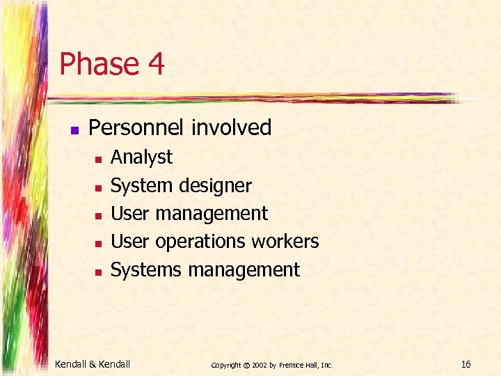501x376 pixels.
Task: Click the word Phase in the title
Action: (99, 64)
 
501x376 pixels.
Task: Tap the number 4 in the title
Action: (155, 64)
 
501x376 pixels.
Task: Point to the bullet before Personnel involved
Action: (75, 130)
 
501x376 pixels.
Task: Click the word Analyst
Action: (141, 158)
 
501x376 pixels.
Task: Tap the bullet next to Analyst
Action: (98, 159)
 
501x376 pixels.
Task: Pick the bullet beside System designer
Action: (98, 187)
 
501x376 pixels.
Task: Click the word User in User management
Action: (130, 213)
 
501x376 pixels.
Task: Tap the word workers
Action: (285, 242)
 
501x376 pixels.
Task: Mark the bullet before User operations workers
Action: (98, 243)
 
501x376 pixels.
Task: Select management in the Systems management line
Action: (241, 269)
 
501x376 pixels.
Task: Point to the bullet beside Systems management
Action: (98, 271)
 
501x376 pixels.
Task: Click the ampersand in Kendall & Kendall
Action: (93, 363)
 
